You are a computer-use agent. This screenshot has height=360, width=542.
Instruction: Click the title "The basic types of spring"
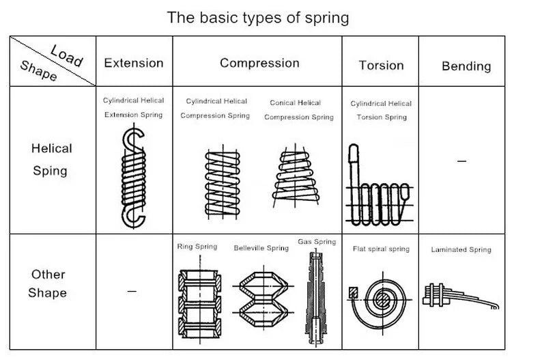tap(257, 17)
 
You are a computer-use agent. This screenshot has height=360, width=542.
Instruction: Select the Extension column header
tap(134, 63)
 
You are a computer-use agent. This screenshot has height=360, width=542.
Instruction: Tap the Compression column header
tap(259, 63)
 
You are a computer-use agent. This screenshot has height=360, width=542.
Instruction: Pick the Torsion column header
tap(381, 66)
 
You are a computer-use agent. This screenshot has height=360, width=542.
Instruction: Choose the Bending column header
tap(466, 66)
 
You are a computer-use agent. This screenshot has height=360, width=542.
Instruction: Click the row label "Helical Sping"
tap(51, 159)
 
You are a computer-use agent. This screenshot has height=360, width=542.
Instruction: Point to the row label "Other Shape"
tap(48, 283)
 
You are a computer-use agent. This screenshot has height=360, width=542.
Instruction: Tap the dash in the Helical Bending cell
tap(461, 161)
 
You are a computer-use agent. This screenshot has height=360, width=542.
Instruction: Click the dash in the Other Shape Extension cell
tap(132, 292)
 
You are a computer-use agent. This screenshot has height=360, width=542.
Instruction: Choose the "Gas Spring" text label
tap(317, 242)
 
